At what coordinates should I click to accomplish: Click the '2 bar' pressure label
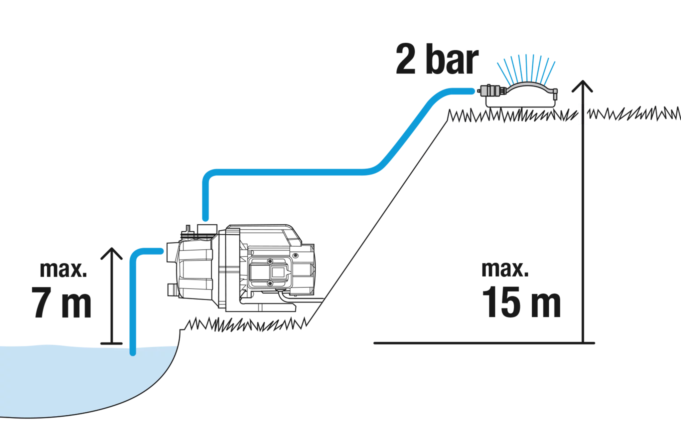(437, 59)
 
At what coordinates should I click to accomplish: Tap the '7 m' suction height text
(61, 302)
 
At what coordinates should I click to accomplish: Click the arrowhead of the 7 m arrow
(112, 253)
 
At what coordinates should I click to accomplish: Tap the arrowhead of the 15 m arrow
(582, 86)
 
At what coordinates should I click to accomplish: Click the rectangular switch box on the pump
(270, 272)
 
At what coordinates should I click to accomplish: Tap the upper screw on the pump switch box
(270, 262)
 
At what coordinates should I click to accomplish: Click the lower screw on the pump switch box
(270, 283)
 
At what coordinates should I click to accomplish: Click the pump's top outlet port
(207, 229)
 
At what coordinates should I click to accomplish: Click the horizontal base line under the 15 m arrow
(484, 343)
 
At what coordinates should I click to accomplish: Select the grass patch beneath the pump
(246, 324)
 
